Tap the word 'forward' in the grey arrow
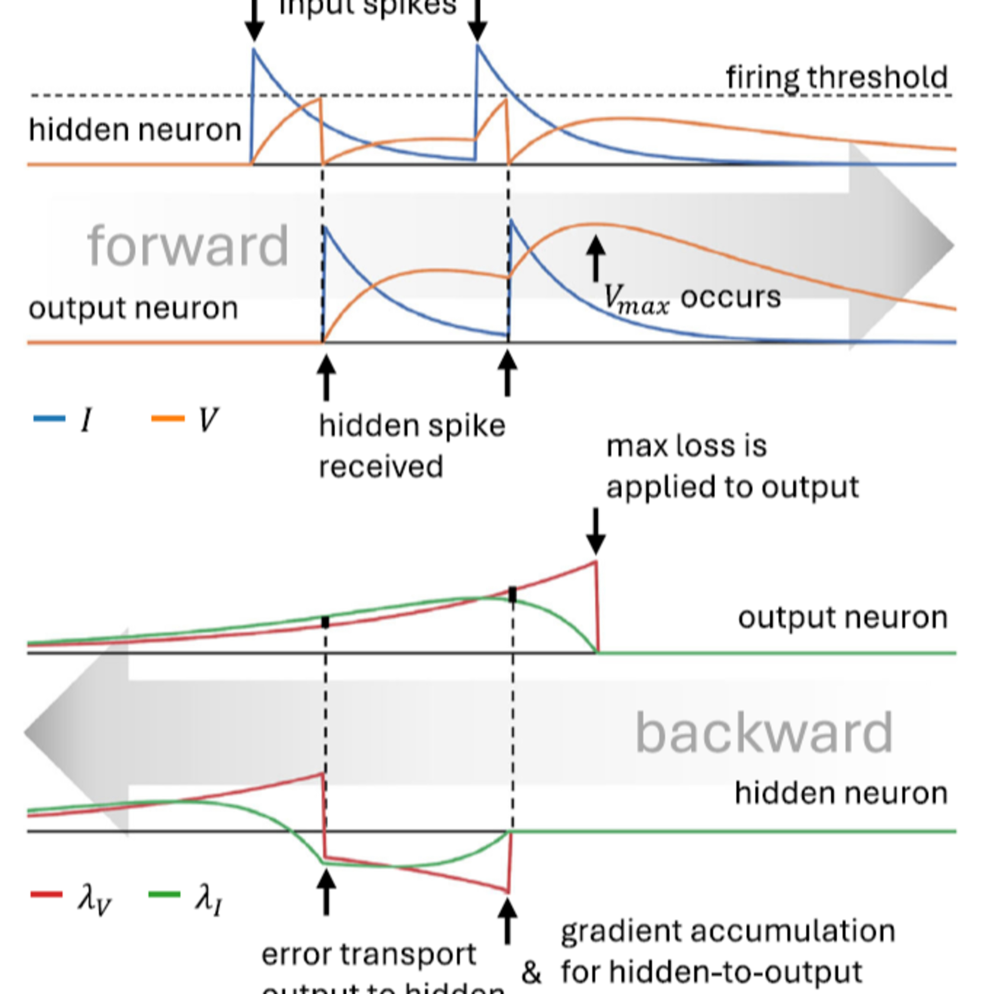point(188,246)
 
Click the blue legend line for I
point(49,418)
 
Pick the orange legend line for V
point(168,418)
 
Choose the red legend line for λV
point(47,895)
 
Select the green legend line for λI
point(164,895)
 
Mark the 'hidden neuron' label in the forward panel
point(135,129)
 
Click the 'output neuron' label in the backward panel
point(842,617)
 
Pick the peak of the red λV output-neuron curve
point(595,562)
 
